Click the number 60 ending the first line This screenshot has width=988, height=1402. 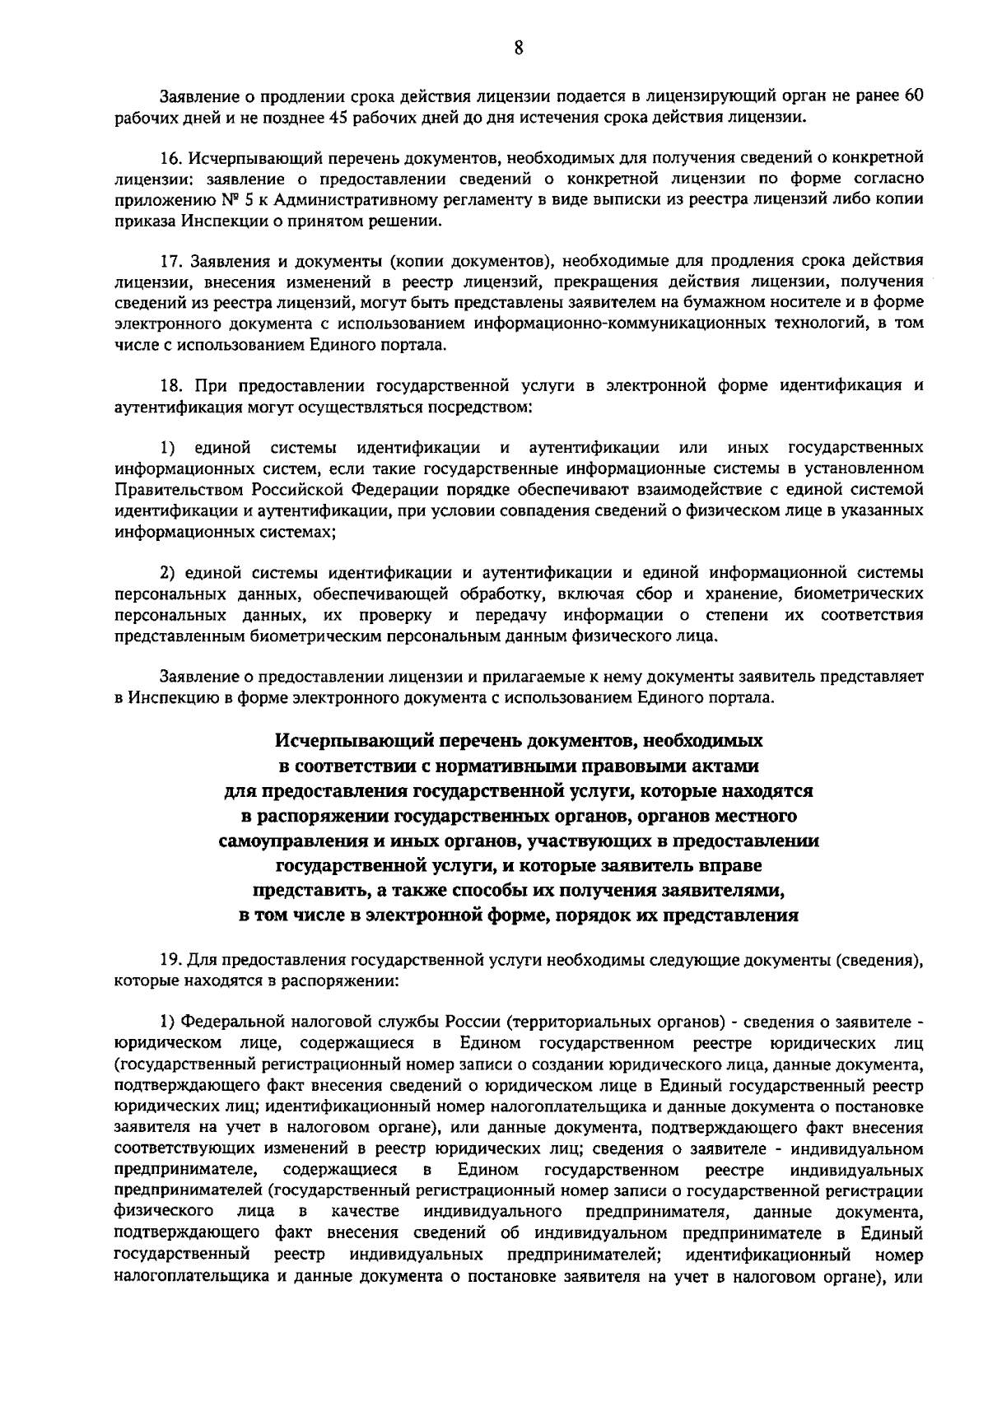(913, 95)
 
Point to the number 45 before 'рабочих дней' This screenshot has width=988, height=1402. (338, 117)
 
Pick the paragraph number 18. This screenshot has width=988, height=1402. (170, 385)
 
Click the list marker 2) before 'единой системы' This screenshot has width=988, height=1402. (167, 573)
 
